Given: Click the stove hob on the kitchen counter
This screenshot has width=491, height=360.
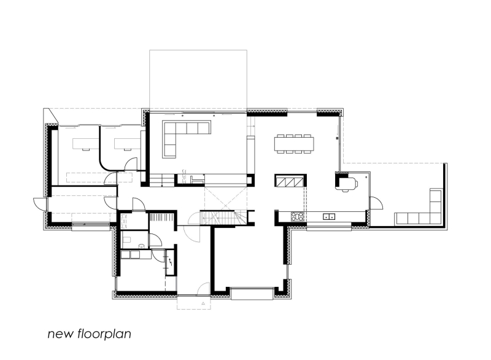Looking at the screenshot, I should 298,216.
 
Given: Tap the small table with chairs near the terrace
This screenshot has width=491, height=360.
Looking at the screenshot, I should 348,183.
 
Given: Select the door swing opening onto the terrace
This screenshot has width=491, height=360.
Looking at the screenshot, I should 376,203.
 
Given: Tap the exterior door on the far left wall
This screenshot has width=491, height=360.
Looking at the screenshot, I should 39,205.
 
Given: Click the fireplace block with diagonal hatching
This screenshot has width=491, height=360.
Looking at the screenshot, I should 290,181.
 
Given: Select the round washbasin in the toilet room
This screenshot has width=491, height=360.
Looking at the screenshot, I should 142,247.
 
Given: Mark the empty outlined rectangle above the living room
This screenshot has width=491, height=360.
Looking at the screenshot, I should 198,80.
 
